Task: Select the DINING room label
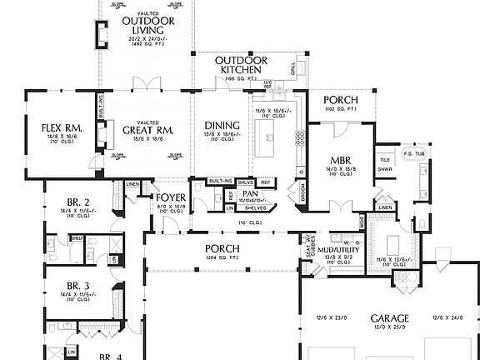click(x=222, y=127)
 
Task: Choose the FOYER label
click(x=171, y=197)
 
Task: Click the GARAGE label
click(x=389, y=318)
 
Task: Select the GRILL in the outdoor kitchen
click(x=292, y=68)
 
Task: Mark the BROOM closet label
click(x=302, y=192)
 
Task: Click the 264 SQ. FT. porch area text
click(x=222, y=258)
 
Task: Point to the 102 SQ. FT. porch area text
click(x=341, y=109)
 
